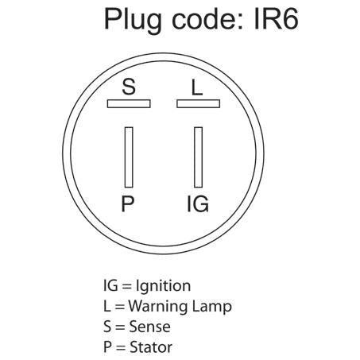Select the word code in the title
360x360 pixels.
[205, 19]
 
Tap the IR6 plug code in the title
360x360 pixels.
[276, 19]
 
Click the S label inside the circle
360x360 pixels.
[129, 87]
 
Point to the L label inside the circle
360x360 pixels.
[197, 87]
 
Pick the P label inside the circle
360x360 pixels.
[128, 203]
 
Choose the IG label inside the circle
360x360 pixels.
[198, 203]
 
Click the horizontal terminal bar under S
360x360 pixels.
[129, 103]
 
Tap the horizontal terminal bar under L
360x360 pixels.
[198, 103]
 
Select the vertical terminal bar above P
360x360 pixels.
[129, 157]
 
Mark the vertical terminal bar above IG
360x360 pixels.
[198, 157]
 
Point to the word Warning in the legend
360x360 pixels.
[158, 307]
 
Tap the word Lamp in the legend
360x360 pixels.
[212, 308]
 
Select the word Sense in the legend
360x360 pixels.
[149, 327]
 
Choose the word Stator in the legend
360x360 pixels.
[151, 347]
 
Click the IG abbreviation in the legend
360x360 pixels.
[110, 285]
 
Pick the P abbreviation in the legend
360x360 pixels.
[107, 347]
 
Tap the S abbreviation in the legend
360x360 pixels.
[107, 327]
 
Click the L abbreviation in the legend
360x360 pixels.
[106, 306]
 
